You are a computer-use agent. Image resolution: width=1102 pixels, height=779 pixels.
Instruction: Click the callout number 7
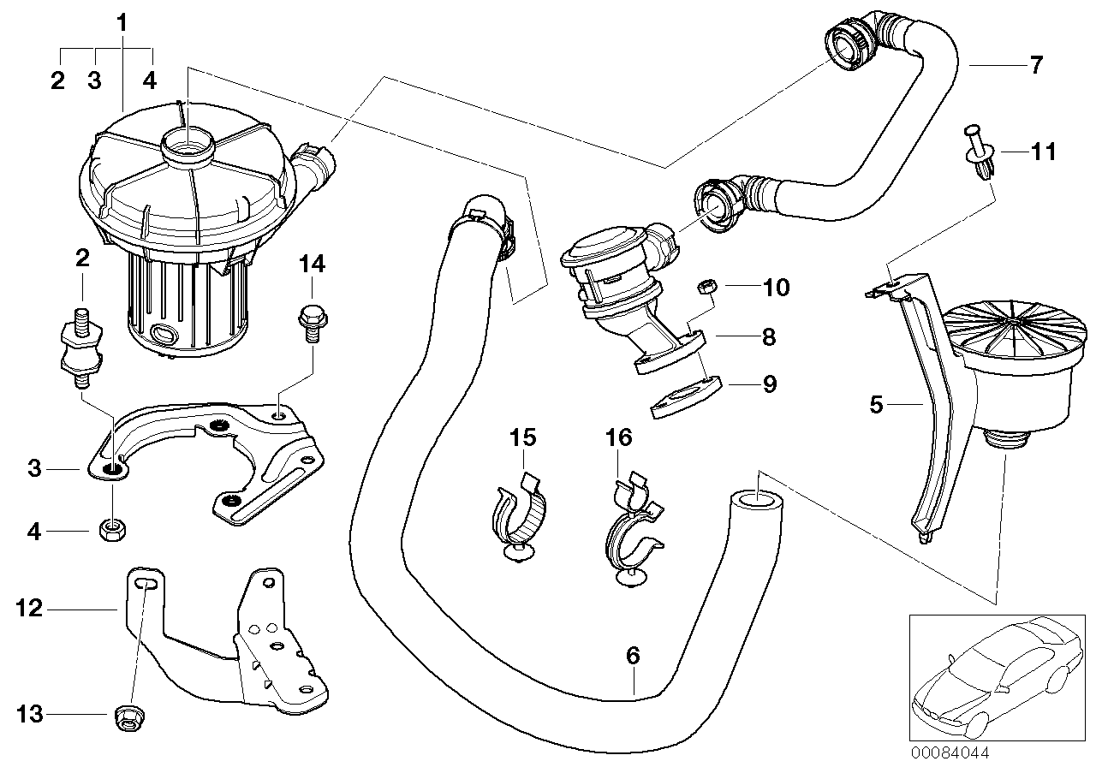click(1036, 64)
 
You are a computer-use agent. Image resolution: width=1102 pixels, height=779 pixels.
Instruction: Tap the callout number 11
click(1043, 153)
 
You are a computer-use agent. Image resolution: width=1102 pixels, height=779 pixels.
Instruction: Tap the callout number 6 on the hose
click(633, 657)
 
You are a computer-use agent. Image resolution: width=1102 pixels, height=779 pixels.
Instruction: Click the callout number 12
click(28, 609)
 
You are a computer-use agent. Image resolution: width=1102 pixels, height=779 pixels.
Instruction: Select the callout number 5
click(876, 404)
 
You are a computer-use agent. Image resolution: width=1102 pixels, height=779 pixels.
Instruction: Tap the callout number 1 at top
click(122, 21)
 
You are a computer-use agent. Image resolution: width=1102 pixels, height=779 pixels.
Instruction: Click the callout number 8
click(768, 337)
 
